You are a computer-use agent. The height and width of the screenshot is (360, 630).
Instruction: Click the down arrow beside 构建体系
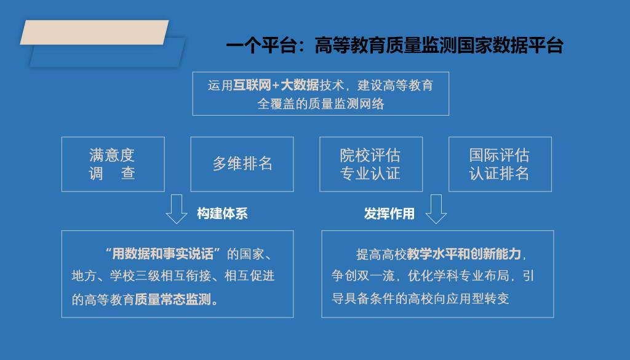177,209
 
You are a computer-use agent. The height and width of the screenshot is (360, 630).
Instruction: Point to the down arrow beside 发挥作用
436,209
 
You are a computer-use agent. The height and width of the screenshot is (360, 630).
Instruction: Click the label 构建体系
222,214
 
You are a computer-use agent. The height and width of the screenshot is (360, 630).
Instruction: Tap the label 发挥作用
389,214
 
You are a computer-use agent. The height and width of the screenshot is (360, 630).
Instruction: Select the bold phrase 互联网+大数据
276,85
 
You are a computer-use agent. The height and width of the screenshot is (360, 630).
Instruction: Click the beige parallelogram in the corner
94,32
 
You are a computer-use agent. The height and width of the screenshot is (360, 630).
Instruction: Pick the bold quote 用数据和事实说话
162,254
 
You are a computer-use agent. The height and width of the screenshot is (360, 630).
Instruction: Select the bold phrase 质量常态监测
173,299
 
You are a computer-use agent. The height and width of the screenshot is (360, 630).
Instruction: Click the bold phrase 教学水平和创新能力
464,254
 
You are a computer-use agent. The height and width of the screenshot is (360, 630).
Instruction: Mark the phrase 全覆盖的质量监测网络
321,104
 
